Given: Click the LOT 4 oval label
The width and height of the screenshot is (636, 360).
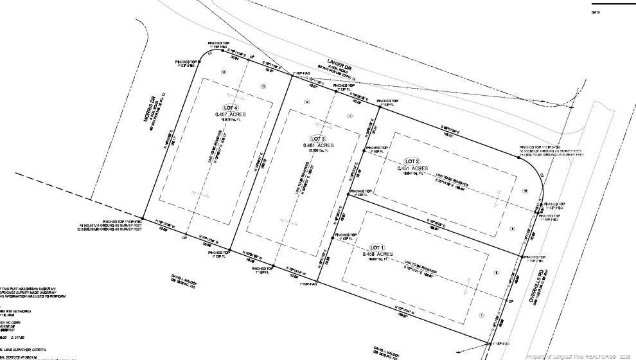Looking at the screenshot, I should pos(231,107).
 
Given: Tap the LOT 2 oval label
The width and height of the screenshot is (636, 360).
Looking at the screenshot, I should pos(412,161).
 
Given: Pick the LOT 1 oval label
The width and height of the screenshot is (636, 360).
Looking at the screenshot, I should pos(377,248).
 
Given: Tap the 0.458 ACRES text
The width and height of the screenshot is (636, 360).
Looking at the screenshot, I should pos(377,254).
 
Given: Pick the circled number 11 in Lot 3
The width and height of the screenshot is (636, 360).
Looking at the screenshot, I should pos(349,116).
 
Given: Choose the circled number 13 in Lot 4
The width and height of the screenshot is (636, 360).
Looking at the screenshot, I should pos(263,85).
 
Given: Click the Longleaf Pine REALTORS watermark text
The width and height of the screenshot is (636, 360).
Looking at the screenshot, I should pos(579,355).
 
